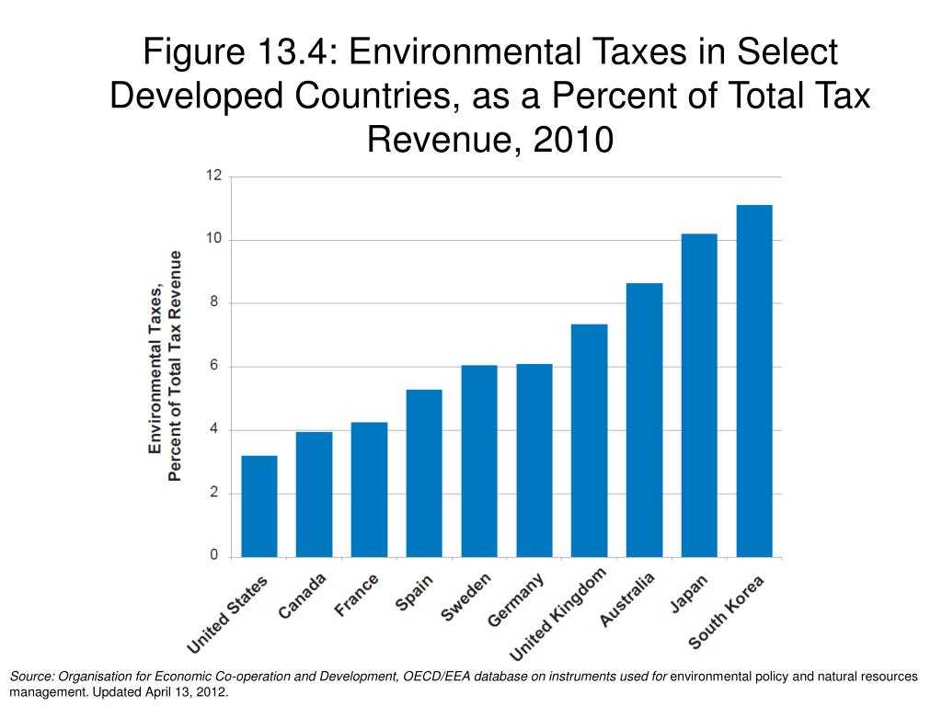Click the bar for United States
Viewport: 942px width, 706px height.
[258, 506]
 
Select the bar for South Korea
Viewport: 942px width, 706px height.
[753, 381]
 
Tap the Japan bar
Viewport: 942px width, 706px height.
[698, 395]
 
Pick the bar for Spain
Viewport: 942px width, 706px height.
[423, 473]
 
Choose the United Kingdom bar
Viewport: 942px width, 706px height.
[589, 440]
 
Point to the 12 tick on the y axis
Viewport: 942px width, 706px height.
[213, 176]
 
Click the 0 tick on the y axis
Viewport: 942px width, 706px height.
[214, 556]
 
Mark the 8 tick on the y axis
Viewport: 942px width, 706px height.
[214, 302]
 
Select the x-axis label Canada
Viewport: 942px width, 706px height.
[302, 598]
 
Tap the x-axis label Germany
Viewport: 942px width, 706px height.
[516, 601]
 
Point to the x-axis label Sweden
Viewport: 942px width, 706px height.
[466, 597]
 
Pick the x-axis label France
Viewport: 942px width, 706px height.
[358, 595]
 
